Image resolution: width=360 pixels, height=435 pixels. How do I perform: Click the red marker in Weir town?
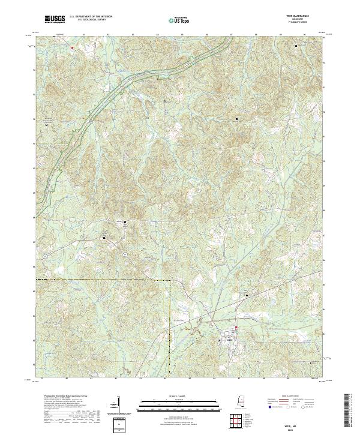click(x=236, y=328)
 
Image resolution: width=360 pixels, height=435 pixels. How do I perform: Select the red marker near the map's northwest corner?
click(x=71, y=47)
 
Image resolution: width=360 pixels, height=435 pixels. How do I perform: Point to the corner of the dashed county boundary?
click(x=170, y=280)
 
